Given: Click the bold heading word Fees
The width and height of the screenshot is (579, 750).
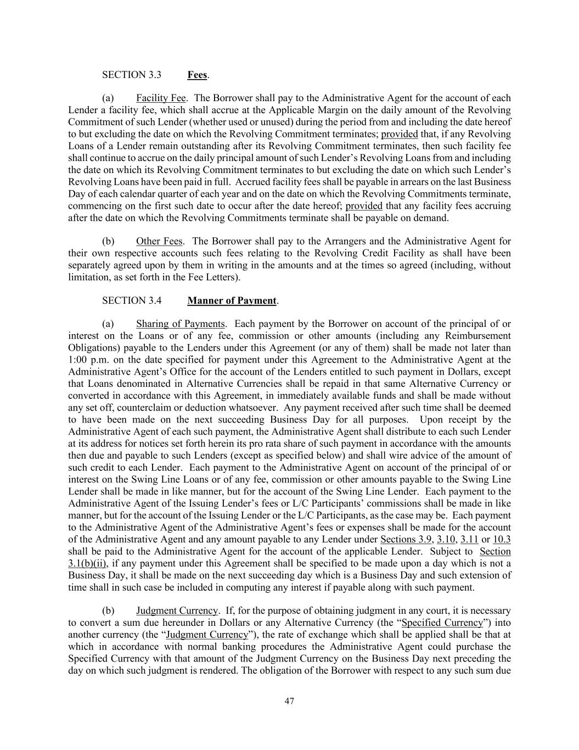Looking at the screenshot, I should click(197, 75).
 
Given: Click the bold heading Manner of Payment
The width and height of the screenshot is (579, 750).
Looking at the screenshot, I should click(232, 301).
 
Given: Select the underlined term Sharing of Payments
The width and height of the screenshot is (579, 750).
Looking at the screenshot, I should click(181, 324).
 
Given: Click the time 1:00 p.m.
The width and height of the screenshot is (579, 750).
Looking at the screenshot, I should click(85, 360).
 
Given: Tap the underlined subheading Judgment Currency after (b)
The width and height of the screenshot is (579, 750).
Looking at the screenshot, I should click(177, 611).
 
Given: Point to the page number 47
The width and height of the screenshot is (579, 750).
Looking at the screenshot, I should click(289, 701).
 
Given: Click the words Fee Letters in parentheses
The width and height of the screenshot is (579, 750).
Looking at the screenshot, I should click(212, 277).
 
